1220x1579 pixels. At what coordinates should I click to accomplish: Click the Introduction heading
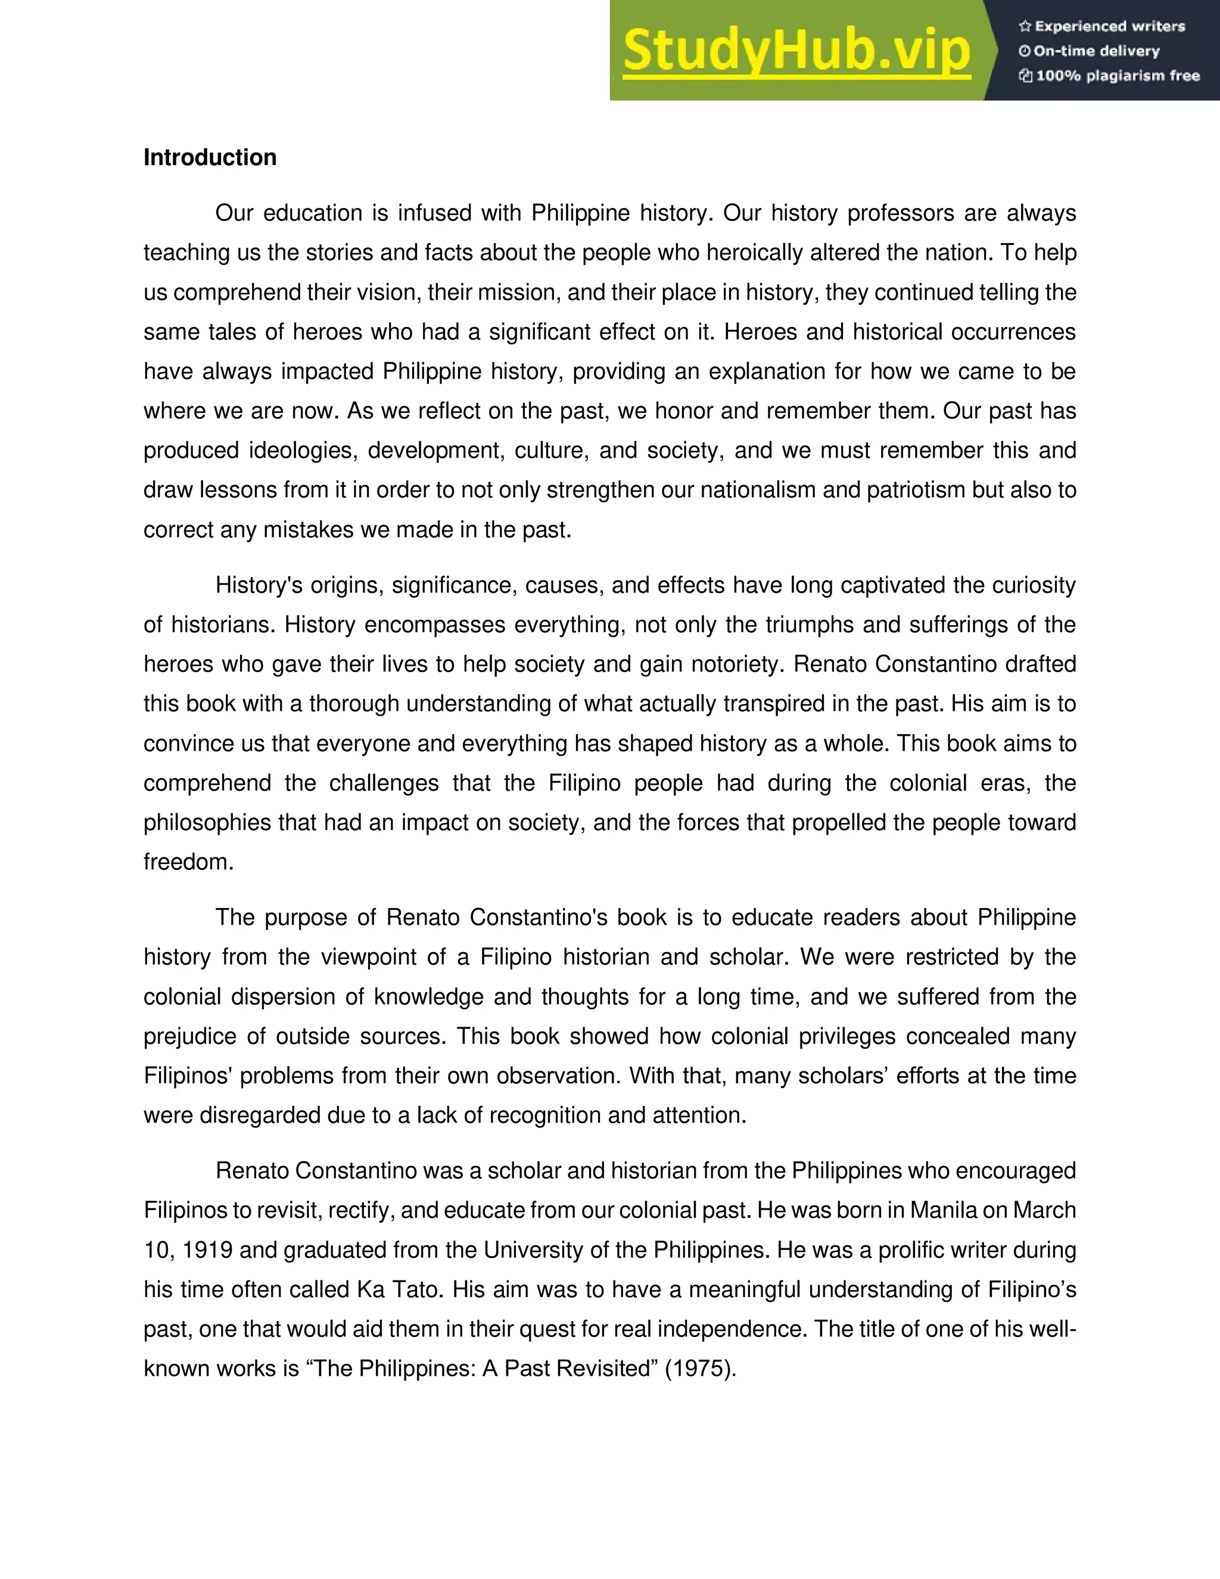(210, 158)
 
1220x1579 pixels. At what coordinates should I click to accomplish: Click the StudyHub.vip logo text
(796, 51)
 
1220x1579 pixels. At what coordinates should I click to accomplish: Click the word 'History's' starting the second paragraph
(259, 585)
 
